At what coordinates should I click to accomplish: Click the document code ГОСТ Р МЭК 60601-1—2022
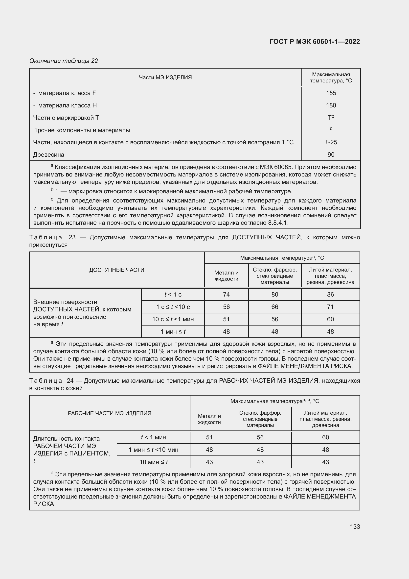tap(315, 42)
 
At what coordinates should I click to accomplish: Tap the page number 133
tap(355, 527)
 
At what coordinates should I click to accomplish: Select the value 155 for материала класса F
tap(331, 93)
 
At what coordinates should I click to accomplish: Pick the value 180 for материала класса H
tap(331, 105)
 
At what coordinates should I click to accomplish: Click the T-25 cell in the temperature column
tap(331, 142)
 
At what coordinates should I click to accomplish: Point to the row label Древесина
tap(49, 154)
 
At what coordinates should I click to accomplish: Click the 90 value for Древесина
tap(331, 154)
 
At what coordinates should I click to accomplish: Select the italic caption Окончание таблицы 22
tap(64, 61)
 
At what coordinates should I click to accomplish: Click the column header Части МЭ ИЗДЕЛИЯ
tap(165, 77)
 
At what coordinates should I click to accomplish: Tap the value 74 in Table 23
tap(226, 294)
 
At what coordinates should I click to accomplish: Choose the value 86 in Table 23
tap(330, 294)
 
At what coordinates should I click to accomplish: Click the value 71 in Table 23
tap(330, 307)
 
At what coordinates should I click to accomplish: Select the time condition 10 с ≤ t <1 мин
tap(173, 319)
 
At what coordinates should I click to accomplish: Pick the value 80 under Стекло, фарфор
tap(274, 294)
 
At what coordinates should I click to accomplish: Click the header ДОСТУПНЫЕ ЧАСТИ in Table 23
tap(117, 270)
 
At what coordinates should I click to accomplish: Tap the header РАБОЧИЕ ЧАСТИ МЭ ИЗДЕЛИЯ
tap(110, 413)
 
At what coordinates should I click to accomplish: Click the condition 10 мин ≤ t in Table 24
tap(153, 462)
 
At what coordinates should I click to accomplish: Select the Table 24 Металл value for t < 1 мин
tap(209, 437)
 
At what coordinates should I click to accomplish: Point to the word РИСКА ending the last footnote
tap(44, 504)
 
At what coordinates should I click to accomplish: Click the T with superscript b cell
tap(331, 118)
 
